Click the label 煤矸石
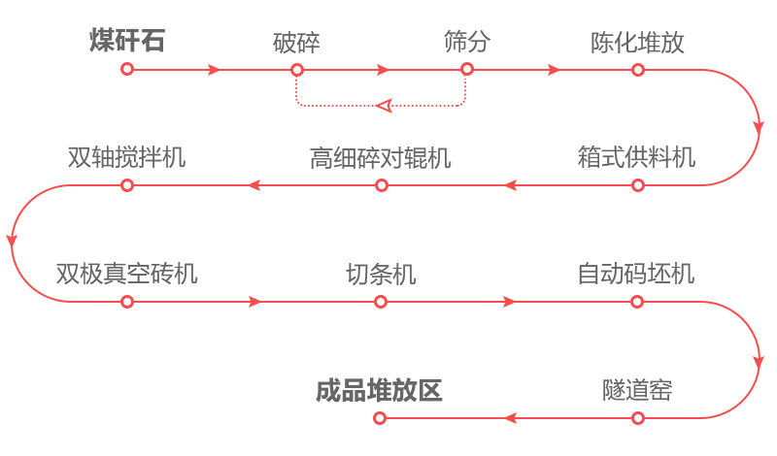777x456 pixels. tap(126, 42)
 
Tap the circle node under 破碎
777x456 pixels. tap(297, 70)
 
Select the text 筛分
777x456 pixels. tap(466, 42)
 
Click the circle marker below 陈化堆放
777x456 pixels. tap(637, 70)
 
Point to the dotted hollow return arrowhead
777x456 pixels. tap(384, 105)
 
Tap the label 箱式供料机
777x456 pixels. tap(636, 157)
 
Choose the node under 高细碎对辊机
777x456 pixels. tap(381, 185)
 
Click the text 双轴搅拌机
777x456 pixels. tap(126, 157)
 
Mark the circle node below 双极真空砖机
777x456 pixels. tap(126, 302)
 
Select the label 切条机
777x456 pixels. tap(381, 274)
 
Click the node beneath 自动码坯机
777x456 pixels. tap(637, 302)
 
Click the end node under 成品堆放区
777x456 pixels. tap(380, 418)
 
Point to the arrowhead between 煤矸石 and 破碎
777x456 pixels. tap(214, 70)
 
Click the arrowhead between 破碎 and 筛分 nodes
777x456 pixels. tap(384, 70)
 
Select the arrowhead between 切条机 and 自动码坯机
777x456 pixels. tap(510, 302)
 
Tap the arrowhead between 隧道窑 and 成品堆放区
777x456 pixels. tap(508, 418)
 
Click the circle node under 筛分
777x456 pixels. tap(467, 70)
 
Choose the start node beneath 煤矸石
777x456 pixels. tap(126, 70)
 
